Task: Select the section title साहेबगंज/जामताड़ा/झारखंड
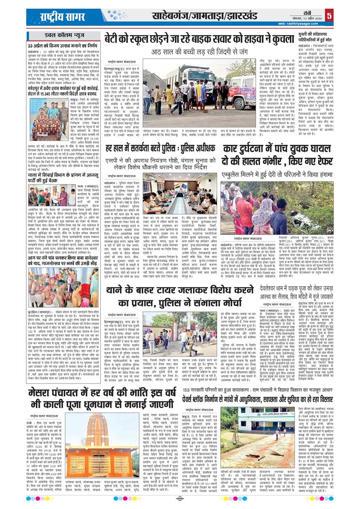[204, 16]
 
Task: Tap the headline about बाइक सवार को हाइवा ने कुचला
[199, 39]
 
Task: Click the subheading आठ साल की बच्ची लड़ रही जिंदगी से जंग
[199, 52]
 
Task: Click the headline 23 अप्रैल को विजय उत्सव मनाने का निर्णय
[63, 45]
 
